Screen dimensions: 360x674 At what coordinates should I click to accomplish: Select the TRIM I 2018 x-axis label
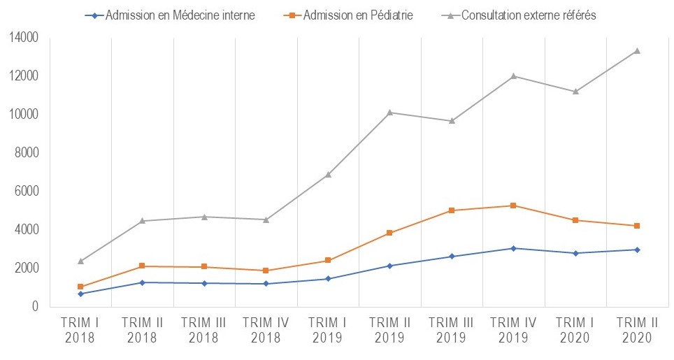tap(80, 329)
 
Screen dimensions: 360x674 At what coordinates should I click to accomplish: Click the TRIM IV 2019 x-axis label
tap(513, 329)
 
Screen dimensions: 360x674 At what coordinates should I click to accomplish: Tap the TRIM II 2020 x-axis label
tap(636, 329)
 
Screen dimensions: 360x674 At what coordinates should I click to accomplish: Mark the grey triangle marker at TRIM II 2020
tap(636, 50)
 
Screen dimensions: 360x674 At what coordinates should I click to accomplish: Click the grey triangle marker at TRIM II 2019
tap(389, 112)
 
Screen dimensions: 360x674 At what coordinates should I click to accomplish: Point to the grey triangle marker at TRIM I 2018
tap(80, 261)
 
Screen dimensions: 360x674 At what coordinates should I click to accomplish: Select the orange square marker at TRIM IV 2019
tap(513, 206)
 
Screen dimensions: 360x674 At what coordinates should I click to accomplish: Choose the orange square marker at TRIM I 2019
tap(328, 261)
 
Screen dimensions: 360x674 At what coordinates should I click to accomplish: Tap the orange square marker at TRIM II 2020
tap(636, 226)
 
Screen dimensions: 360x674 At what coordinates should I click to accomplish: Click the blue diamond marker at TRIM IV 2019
tap(513, 248)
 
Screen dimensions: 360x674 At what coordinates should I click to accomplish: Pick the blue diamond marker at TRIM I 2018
tap(80, 294)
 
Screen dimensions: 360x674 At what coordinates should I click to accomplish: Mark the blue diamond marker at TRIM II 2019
tap(389, 266)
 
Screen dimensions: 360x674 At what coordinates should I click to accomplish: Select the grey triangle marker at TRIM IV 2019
tap(513, 75)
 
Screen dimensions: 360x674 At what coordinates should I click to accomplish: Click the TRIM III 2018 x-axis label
tap(204, 329)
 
